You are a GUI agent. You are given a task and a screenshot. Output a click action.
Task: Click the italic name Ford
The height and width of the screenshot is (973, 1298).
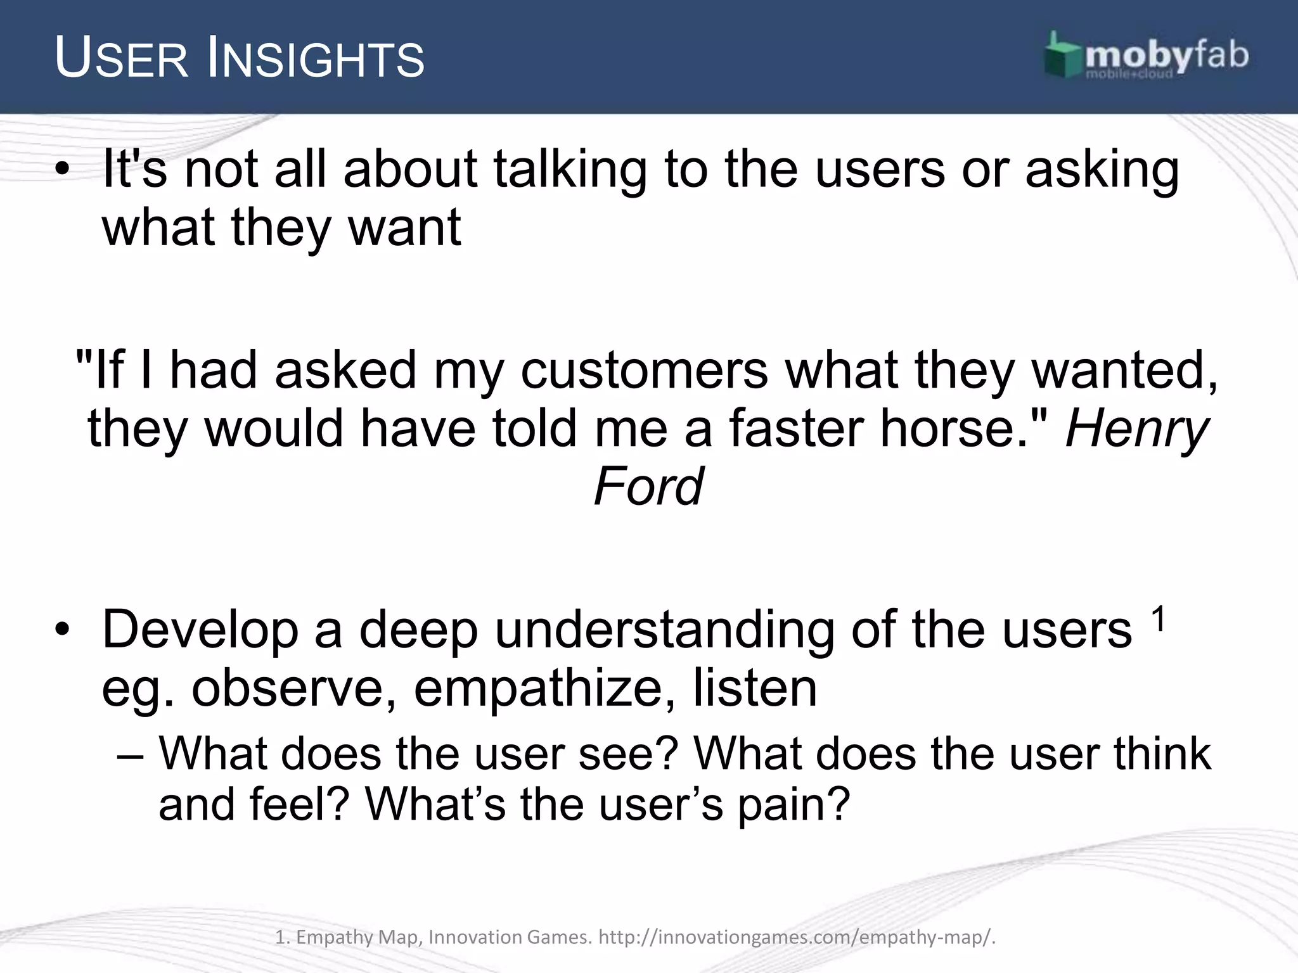648,486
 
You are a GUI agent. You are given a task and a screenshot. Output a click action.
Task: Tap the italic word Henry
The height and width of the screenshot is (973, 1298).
1137,429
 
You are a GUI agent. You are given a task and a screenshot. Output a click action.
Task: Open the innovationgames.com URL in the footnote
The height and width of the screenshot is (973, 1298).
797,937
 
